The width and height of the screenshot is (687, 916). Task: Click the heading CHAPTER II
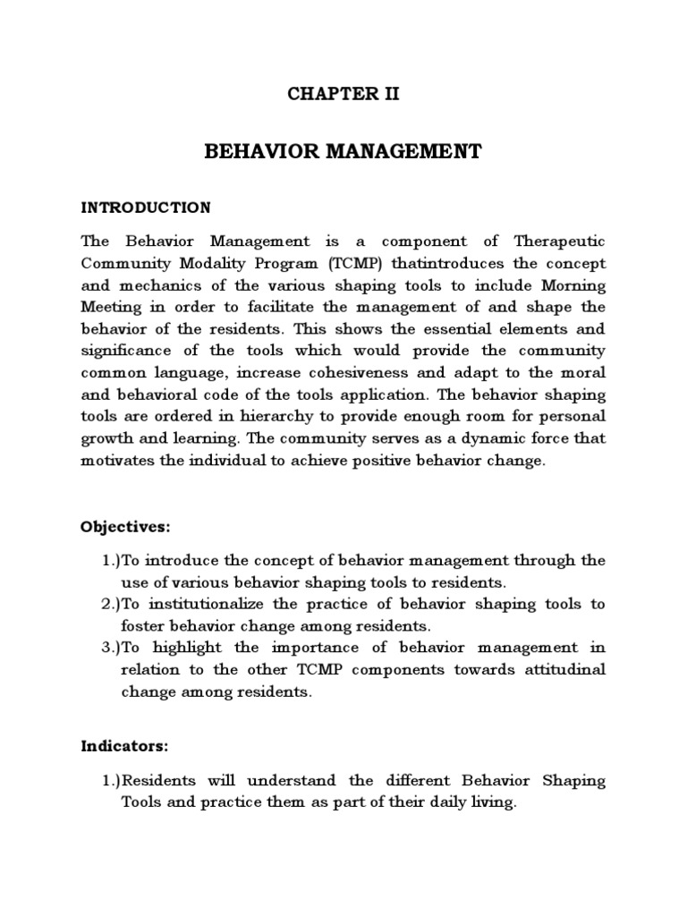343,96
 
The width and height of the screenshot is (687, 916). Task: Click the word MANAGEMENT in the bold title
394,152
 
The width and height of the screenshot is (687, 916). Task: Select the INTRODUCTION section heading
146,208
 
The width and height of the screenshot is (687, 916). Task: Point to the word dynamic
485,438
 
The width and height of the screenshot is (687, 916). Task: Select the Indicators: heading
125,745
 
